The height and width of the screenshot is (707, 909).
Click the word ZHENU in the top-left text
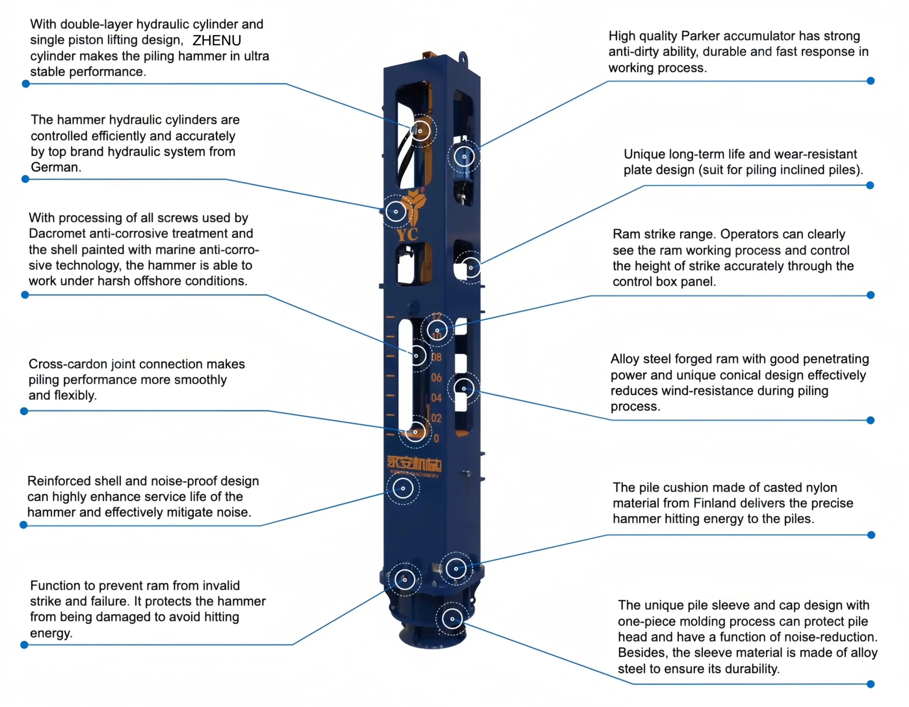[x=217, y=40]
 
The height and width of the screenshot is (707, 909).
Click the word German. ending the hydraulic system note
[x=56, y=167]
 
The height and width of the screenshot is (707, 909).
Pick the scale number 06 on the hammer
[x=436, y=377]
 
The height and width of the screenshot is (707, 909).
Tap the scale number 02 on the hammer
[x=436, y=418]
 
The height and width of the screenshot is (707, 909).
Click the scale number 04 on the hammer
[x=436, y=398]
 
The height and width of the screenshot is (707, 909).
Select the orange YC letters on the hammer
[x=407, y=234]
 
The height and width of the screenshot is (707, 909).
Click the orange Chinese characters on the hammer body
[x=414, y=463]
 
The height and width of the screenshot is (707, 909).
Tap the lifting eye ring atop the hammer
[x=463, y=57]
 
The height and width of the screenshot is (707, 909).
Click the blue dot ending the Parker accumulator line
[x=870, y=81]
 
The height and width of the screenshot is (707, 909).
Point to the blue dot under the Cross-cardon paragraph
[x=24, y=411]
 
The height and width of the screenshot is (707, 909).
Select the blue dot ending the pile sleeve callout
[x=870, y=684]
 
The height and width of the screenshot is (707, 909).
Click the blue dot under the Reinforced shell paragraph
[x=24, y=525]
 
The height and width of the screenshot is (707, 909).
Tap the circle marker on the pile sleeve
[x=452, y=619]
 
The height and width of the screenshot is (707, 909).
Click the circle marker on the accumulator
[x=464, y=157]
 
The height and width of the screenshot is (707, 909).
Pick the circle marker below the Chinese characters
[x=403, y=488]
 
